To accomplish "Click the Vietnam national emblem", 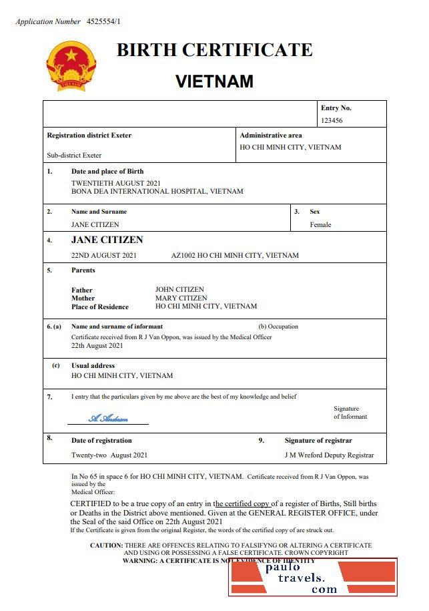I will pos(71,65).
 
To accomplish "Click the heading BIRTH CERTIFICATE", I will pos(214,50).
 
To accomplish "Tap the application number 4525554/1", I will pos(104,21).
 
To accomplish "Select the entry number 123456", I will pos(332,121).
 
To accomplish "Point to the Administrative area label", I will pos(271,135).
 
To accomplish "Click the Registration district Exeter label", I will pos(89,135).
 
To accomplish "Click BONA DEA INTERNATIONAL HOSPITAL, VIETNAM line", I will pos(157,191).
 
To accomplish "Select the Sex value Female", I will pos(320,225).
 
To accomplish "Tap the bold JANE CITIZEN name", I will pos(107,240).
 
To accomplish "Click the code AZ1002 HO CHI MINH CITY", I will pos(235,255).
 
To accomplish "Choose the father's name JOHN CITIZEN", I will pos(179,290).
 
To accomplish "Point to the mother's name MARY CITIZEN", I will pos(181,298).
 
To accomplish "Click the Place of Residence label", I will pos(99,307).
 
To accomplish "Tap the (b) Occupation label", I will pos(278,327).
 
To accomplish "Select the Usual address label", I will pos(93,366).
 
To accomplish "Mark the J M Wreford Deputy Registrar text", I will pos(329,455).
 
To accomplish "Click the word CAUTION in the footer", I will pos(106,546).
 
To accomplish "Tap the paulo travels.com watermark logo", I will pos(312,577).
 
